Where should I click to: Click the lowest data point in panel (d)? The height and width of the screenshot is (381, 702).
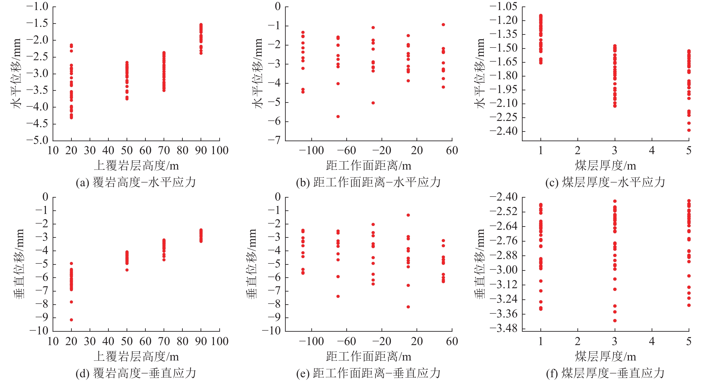(x=71, y=320)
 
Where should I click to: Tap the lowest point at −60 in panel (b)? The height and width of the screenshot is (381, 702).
(x=338, y=116)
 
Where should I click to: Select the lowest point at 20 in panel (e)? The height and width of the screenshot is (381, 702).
(x=408, y=307)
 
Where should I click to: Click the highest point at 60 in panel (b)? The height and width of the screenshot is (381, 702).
(x=443, y=25)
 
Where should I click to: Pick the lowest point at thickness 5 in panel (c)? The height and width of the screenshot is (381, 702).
(x=689, y=130)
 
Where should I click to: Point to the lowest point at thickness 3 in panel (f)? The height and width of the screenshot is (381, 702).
(x=615, y=321)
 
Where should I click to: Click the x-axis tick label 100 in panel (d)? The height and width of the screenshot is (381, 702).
(x=220, y=341)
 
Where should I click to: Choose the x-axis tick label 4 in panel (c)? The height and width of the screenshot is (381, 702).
(x=652, y=150)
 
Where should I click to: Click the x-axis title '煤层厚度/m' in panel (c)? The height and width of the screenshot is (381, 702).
(x=605, y=166)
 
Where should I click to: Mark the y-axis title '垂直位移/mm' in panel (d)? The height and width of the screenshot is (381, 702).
(x=19, y=264)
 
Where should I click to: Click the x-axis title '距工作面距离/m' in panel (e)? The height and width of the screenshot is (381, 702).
(x=368, y=356)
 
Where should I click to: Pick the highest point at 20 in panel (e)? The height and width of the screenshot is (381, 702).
(x=408, y=215)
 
